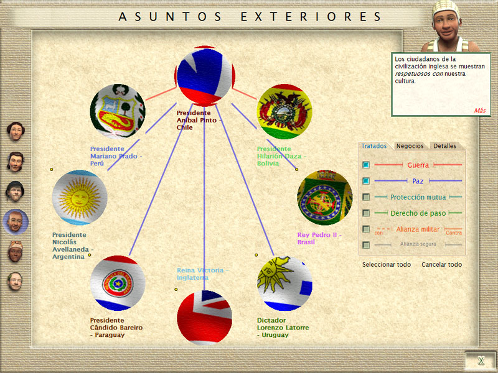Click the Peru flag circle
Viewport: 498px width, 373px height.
pyautogui.click(x=118, y=111)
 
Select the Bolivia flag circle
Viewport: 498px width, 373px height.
pyautogui.click(x=284, y=111)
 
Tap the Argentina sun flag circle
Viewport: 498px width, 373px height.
pyautogui.click(x=80, y=197)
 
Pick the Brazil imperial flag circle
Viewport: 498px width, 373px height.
pyautogui.click(x=324, y=197)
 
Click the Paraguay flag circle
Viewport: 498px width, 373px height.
pyautogui.click(x=118, y=283)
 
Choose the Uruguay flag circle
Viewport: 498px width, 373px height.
pyautogui.click(x=284, y=283)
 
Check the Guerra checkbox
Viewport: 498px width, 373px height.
pyautogui.click(x=366, y=165)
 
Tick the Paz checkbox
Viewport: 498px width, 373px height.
pyautogui.click(x=366, y=181)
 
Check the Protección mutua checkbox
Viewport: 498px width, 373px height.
pyautogui.click(x=366, y=197)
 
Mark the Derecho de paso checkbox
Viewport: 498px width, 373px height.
pyautogui.click(x=366, y=213)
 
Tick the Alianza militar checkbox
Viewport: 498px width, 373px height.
pyautogui.click(x=366, y=229)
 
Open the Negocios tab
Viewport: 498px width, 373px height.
pyautogui.click(x=410, y=146)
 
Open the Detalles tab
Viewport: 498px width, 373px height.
pyautogui.click(x=444, y=146)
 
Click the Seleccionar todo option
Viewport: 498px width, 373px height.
pyautogui.click(x=387, y=265)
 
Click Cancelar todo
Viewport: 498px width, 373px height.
pyautogui.click(x=441, y=265)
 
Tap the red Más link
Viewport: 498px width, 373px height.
pyautogui.click(x=480, y=111)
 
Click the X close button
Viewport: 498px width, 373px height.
pyautogui.click(x=481, y=361)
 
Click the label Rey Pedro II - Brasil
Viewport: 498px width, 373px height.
pyautogui.click(x=319, y=239)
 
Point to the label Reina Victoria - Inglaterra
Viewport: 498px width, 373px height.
pyautogui.click(x=203, y=274)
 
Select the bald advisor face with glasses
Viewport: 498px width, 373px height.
pyautogui.click(x=15, y=222)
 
